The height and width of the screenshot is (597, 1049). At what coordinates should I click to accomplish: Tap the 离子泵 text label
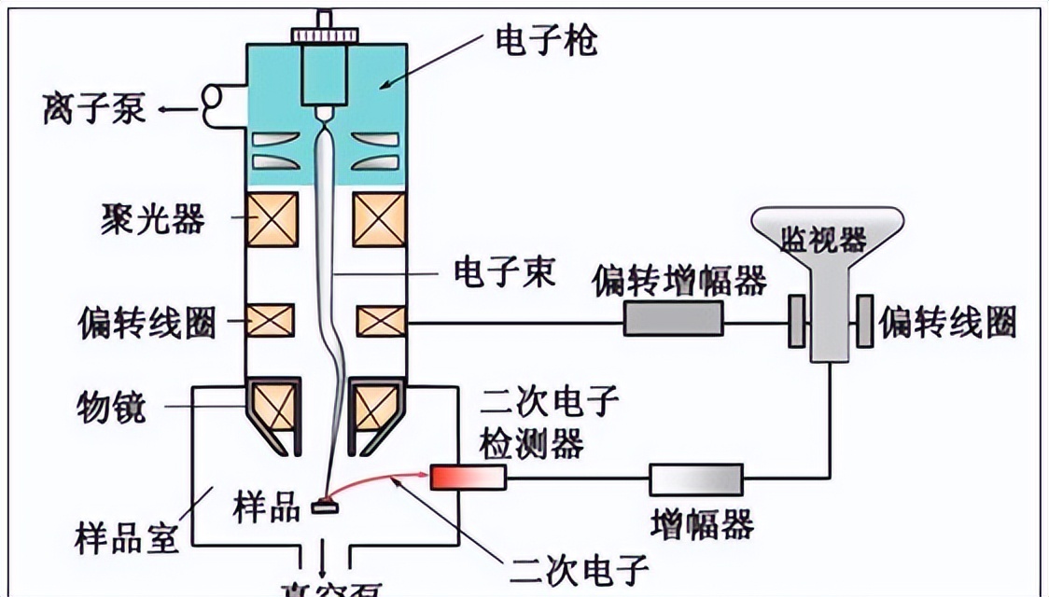[x=93, y=109]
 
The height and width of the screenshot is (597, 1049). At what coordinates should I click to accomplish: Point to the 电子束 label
[x=504, y=273]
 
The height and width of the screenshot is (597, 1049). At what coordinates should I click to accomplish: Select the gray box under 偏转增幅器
[x=673, y=320]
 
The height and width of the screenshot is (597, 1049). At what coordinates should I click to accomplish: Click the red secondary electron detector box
[x=468, y=477]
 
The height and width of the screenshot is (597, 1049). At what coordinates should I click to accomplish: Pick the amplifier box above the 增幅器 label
[x=696, y=479]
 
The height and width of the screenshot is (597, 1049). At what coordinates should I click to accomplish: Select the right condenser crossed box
[x=379, y=220]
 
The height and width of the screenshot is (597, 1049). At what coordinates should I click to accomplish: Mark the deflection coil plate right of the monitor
[x=864, y=322]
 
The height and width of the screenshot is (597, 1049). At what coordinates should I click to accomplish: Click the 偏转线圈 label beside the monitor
[x=946, y=322]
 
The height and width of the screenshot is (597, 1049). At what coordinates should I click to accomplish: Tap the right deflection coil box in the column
[x=381, y=321]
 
